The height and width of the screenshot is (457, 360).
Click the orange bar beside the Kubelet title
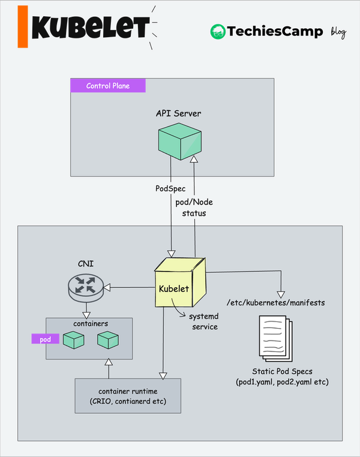(x=23, y=27)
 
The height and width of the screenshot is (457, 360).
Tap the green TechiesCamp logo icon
(x=217, y=32)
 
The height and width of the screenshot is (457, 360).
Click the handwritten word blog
(x=338, y=32)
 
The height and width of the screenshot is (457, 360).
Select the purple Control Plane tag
(x=108, y=86)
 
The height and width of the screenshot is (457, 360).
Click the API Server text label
(x=178, y=113)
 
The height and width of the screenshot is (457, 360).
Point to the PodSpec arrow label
(x=170, y=188)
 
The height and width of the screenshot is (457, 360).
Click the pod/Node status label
(x=194, y=208)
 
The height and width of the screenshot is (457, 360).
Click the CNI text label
(x=85, y=263)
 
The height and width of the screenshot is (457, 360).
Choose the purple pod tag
(x=46, y=339)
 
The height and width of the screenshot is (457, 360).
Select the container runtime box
(x=128, y=396)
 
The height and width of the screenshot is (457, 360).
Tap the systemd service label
(x=205, y=321)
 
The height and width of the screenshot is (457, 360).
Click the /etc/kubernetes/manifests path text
(x=275, y=303)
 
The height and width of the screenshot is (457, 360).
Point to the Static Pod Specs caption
(x=282, y=377)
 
